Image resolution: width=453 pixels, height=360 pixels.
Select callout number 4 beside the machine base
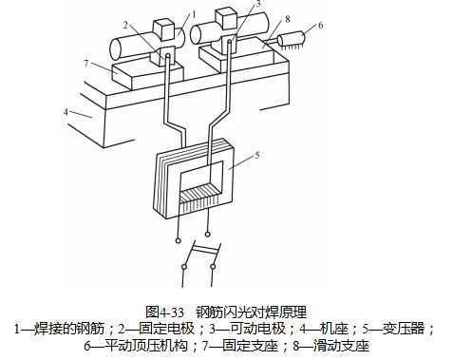(67, 111)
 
